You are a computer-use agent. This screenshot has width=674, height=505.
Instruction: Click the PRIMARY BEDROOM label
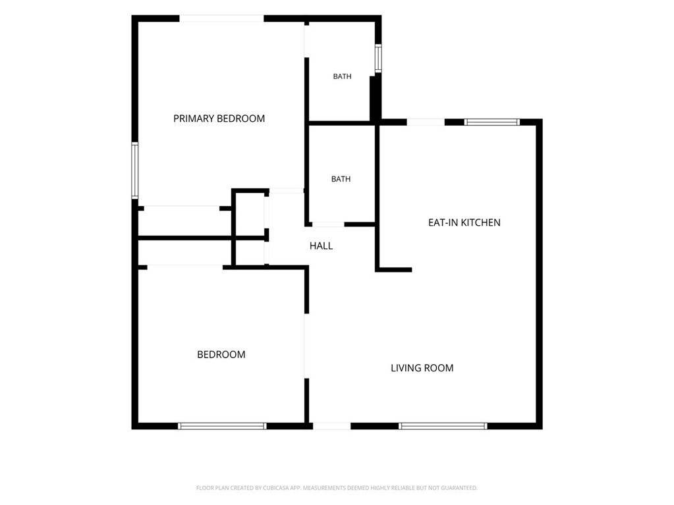(219, 119)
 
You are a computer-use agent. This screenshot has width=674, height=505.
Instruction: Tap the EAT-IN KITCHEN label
(464, 223)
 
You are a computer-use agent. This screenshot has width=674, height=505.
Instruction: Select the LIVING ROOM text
(422, 368)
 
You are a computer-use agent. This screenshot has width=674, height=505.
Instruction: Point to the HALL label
(321, 246)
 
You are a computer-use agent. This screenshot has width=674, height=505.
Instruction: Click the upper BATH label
(342, 76)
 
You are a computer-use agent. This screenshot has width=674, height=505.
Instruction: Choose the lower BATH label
(341, 179)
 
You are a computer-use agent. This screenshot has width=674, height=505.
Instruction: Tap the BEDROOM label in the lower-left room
(221, 355)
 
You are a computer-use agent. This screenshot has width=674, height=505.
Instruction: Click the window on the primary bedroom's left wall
(135, 170)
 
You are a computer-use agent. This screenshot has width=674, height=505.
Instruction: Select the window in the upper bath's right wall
(378, 58)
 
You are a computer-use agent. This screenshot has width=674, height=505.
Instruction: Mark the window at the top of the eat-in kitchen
(491, 122)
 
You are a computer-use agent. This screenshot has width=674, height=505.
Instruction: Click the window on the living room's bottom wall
(443, 426)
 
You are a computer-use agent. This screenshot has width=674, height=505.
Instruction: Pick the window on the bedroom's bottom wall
(222, 426)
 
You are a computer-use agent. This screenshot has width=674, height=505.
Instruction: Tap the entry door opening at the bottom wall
(332, 426)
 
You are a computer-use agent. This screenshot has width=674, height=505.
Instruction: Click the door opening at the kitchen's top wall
(426, 122)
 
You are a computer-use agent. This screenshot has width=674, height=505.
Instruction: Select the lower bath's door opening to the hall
(328, 224)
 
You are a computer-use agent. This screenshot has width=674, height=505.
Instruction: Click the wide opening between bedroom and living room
(306, 346)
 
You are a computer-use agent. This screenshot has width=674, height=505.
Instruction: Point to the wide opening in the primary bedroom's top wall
(221, 18)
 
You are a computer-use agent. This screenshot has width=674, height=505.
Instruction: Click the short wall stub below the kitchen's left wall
(394, 270)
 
